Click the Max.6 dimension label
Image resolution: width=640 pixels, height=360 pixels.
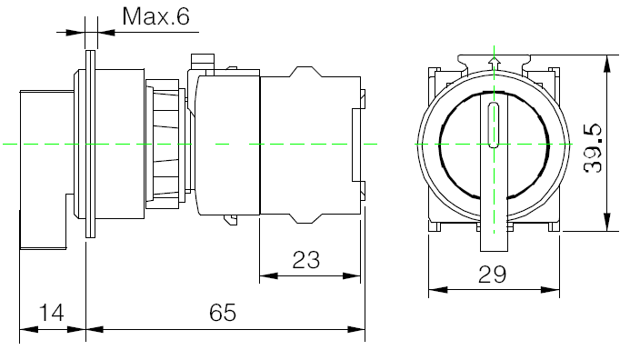click(156, 16)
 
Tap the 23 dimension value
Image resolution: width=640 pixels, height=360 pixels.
click(306, 260)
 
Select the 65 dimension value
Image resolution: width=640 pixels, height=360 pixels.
click(223, 313)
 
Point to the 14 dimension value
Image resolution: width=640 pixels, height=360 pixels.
click(52, 313)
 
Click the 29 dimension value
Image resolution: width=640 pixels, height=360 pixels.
click(492, 275)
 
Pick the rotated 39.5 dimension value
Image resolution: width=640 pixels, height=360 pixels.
click(593, 148)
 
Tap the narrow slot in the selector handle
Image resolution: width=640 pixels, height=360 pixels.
click(494, 125)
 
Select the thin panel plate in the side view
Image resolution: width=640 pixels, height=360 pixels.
click(90, 144)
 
